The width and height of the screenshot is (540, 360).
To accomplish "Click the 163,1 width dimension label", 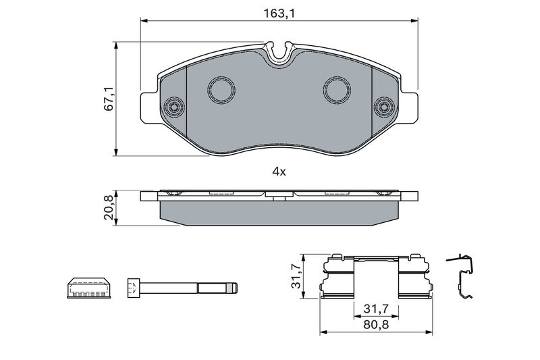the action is (x=279, y=14).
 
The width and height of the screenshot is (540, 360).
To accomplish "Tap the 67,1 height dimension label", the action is (x=109, y=99).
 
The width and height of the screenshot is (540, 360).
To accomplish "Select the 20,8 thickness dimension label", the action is (x=109, y=207).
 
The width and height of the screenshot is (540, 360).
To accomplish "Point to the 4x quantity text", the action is (x=279, y=172).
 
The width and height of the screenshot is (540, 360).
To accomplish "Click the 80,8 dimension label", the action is (x=376, y=324).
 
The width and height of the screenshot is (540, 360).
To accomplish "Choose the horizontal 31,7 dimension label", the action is (x=376, y=309).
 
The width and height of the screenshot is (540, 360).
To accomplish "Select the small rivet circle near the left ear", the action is (x=174, y=107).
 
